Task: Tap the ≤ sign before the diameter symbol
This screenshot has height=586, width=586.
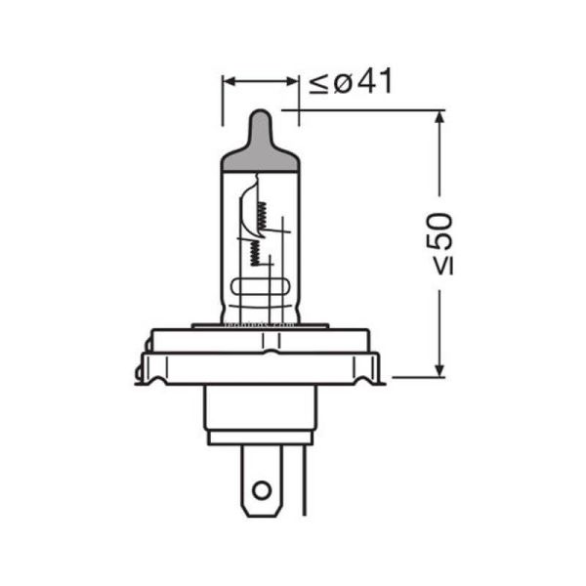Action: (319, 84)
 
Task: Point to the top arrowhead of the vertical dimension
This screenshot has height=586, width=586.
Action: (439, 118)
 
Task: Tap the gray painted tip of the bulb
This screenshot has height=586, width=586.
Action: (259, 137)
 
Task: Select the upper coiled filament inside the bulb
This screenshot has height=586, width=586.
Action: (260, 207)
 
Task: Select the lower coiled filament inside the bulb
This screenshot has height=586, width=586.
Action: (253, 253)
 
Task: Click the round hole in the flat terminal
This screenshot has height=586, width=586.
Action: (259, 490)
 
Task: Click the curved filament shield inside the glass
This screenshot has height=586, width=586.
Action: (243, 215)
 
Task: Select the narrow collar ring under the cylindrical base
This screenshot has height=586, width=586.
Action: (259, 438)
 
